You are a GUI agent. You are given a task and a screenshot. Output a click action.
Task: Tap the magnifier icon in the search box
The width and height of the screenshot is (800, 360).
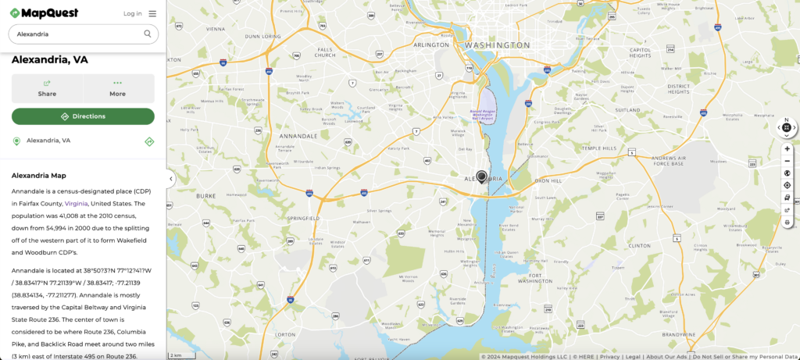(148, 34)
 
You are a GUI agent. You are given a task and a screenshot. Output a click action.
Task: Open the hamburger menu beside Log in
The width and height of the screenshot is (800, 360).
(152, 13)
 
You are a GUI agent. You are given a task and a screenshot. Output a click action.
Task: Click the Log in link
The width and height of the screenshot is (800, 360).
(133, 13)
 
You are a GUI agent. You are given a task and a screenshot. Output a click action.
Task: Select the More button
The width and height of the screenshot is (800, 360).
(118, 88)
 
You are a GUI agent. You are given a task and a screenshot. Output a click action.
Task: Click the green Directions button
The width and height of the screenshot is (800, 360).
(83, 116)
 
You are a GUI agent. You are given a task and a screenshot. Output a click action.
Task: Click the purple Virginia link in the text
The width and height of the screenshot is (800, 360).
(76, 203)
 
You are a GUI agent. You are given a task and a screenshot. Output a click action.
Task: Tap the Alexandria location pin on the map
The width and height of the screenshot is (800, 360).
(482, 176)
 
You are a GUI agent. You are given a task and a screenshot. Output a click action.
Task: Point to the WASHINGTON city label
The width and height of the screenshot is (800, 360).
(497, 45)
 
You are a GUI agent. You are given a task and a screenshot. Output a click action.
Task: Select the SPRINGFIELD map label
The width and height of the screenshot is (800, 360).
(303, 218)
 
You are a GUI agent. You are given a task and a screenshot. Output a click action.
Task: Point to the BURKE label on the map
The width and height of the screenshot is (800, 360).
(205, 196)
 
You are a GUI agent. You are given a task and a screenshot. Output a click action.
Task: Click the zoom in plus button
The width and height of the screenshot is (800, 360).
(787, 148)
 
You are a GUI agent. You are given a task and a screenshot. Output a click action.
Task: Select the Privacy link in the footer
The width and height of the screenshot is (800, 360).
(610, 356)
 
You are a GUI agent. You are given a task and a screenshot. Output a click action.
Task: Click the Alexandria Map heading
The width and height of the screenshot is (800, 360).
(39, 176)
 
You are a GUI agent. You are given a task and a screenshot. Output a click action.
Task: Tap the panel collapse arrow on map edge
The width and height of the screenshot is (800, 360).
(170, 179)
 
